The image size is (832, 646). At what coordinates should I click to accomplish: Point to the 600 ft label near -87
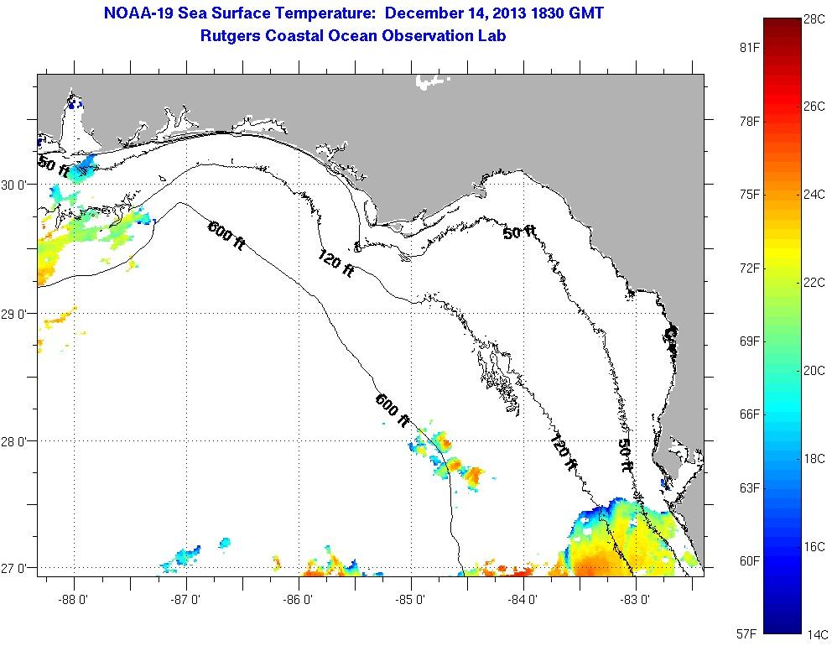(226, 234)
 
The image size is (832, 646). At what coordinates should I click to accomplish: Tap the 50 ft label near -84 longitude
(520, 232)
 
